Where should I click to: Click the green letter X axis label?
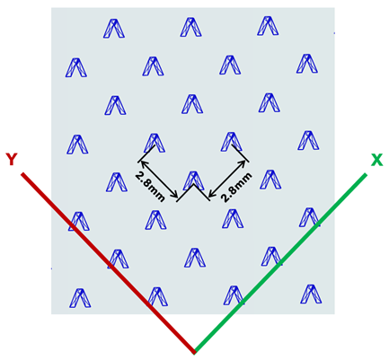[x=376, y=160]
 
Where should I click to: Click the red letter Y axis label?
[x=12, y=159]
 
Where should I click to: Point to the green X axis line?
[x=280, y=263]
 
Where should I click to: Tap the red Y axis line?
[x=108, y=263]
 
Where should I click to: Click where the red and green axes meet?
[x=194, y=352]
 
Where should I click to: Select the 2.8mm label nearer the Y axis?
[x=150, y=187]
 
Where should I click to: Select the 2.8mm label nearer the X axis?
[x=236, y=187]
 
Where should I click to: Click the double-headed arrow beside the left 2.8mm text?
[x=158, y=180]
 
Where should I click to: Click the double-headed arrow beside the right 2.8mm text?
[x=227, y=180]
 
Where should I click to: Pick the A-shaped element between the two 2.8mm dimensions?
[x=194, y=180]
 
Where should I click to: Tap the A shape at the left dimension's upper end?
[x=155, y=143]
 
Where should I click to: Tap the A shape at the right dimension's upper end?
[x=231, y=142]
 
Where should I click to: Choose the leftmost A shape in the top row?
[x=114, y=29]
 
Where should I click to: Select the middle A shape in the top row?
[x=191, y=27]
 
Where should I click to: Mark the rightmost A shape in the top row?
[x=268, y=26]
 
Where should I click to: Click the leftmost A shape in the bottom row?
[x=80, y=298]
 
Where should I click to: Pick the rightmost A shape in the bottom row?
[x=311, y=294]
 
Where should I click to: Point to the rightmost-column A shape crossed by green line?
[x=310, y=217]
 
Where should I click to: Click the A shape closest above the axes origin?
[x=195, y=258]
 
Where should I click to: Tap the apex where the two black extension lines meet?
[x=194, y=185]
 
